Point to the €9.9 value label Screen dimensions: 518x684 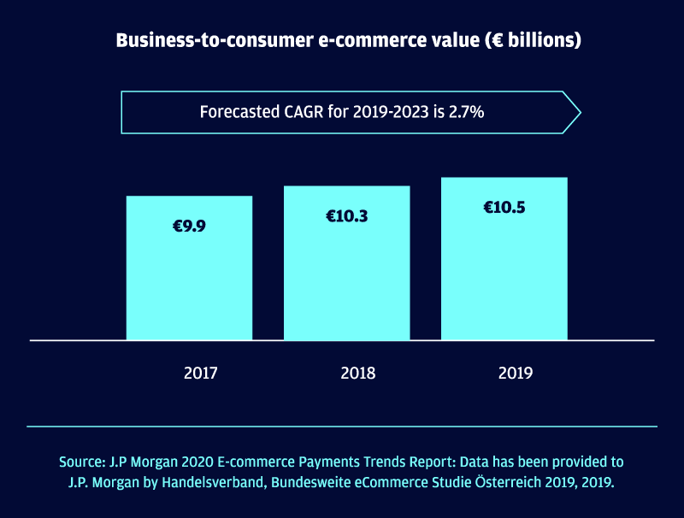click(189, 227)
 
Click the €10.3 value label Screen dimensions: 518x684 click(346, 216)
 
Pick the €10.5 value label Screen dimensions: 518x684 click(504, 208)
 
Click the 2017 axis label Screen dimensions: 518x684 click(201, 374)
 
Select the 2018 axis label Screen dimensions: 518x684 click(358, 374)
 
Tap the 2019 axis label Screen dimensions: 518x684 click(516, 374)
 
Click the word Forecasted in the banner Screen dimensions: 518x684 click(239, 111)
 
